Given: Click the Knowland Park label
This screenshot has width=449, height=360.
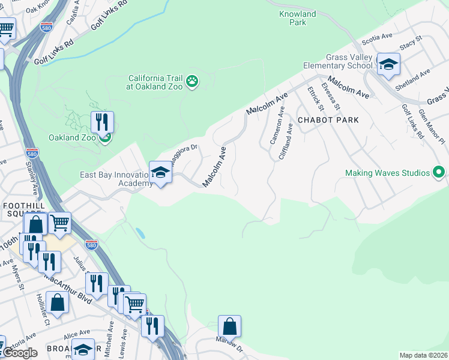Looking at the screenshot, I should click(297, 18).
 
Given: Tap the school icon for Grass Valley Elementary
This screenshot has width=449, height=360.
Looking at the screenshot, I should click(388, 64).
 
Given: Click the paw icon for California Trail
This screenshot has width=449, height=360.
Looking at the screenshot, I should click(192, 81).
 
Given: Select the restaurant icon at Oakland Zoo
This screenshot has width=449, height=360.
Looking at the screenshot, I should click(102, 122).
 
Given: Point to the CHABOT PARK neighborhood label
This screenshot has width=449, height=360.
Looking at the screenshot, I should click(328, 120).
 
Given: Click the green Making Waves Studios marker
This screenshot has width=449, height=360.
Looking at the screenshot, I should click(439, 173).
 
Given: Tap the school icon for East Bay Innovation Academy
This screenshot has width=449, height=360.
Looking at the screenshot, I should click(160, 173).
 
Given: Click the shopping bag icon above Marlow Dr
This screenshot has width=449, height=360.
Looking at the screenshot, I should click(229, 326).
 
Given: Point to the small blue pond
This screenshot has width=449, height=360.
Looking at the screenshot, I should click(140, 233).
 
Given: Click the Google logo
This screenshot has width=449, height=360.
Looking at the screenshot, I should click(19, 353).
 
